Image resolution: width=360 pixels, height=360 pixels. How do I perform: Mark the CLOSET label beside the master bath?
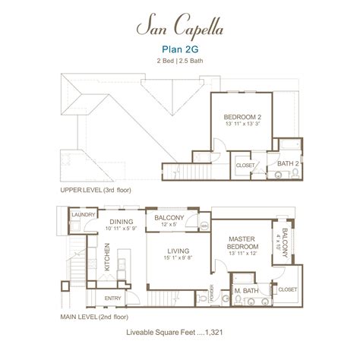click(287, 289)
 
